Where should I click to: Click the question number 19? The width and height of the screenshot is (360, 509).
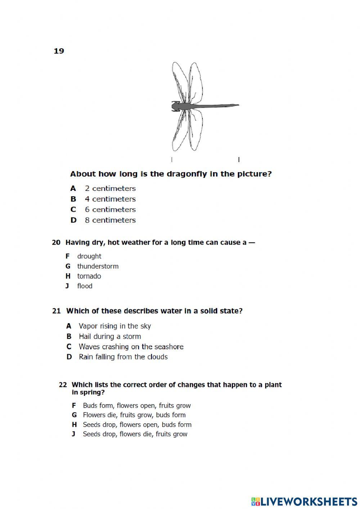(x=59, y=51)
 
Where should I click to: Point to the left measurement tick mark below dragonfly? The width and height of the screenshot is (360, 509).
(x=172, y=159)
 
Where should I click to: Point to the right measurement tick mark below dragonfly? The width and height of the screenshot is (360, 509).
(x=239, y=159)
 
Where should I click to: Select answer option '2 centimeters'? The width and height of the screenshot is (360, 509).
(x=110, y=188)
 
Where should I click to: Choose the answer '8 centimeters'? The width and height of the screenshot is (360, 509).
(x=110, y=220)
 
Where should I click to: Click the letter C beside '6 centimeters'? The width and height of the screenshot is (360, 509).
(x=73, y=210)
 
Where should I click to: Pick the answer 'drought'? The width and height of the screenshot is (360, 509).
(x=89, y=256)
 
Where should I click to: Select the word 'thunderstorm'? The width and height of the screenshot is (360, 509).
(x=98, y=266)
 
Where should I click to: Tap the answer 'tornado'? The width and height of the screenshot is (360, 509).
(x=89, y=276)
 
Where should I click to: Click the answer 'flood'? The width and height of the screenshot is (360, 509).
(x=85, y=286)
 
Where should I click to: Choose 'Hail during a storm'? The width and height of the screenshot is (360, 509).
(x=110, y=336)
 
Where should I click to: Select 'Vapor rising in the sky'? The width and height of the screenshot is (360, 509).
(x=114, y=326)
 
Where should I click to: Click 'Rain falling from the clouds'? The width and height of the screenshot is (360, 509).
(x=123, y=357)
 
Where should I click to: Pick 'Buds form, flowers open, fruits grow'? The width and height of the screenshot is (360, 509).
(x=136, y=406)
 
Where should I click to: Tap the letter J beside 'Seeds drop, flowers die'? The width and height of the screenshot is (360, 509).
(x=73, y=434)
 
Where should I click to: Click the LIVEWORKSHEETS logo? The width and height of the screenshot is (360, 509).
(x=304, y=501)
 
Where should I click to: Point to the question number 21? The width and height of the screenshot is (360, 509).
(x=57, y=311)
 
